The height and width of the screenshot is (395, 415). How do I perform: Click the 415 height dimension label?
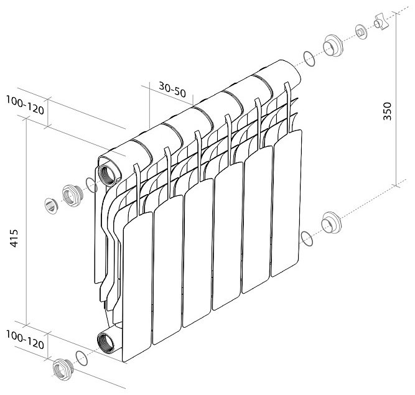14,238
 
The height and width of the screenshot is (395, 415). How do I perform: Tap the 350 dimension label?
387,111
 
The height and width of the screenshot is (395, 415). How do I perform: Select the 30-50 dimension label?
172,90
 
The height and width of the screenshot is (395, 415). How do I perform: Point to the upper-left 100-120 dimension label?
25,105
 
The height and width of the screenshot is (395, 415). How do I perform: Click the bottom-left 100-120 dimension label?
25,340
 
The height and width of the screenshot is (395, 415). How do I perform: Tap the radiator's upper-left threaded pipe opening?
106,175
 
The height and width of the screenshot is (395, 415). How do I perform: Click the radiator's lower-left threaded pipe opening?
106,343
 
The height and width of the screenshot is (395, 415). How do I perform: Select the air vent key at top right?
381,23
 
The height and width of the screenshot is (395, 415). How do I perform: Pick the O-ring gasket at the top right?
309,58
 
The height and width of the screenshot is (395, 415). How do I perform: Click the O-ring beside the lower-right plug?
307,238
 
